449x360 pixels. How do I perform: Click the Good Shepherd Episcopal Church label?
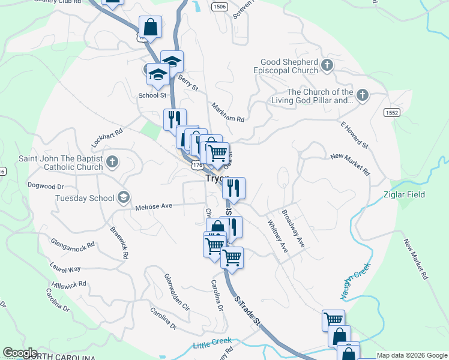(289, 66)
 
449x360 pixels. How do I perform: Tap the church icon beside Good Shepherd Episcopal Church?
(327, 65)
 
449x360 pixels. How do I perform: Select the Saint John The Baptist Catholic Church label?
(60, 163)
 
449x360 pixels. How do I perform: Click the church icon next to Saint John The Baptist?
(112, 161)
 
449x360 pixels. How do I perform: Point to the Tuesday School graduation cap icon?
(123, 197)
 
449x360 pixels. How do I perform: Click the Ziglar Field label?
(404, 194)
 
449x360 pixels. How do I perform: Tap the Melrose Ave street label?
(154, 206)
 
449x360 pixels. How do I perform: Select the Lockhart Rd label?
(107, 138)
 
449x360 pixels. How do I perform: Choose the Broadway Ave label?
(294, 228)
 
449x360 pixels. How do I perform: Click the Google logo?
(20, 353)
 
